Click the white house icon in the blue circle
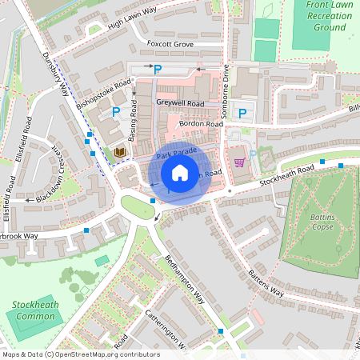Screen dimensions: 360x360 click(x=180, y=172)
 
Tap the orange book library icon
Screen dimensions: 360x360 click(x=120, y=152)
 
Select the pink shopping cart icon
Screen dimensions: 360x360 click(x=238, y=161)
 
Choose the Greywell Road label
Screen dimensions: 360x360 click(x=180, y=104)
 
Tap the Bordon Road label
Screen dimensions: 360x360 click(x=201, y=124)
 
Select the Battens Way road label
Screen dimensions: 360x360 click(x=265, y=282)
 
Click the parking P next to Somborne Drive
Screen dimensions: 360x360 click(x=242, y=114)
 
